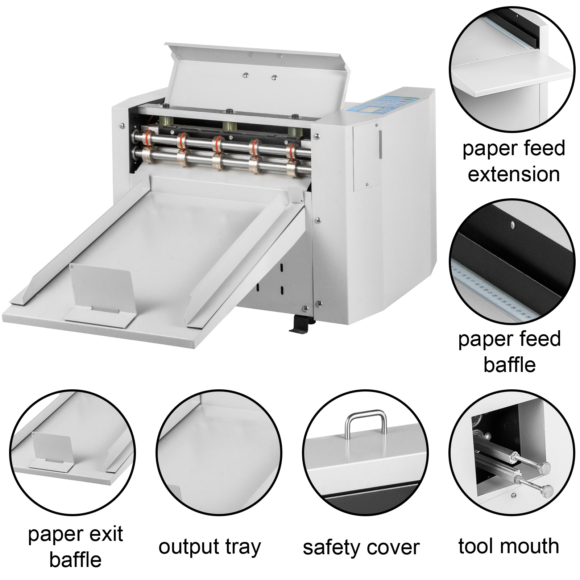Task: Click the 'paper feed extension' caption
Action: pos(513,161)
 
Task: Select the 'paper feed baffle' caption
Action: pos(509,352)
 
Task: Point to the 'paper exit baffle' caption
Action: pos(75,547)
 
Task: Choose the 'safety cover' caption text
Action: pos(361,547)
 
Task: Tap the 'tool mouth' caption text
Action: pos(509,546)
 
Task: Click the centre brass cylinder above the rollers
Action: pos(229,127)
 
